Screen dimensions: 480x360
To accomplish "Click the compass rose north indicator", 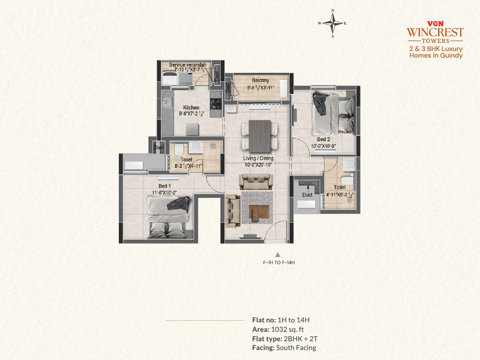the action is pos(333,10).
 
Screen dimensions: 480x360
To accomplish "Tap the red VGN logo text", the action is pos(435,24).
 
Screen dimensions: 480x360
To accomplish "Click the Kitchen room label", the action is pos(191,107).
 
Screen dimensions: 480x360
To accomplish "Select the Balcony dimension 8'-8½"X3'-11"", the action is pos(260,88).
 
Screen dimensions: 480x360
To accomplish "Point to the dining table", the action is pos(260,136).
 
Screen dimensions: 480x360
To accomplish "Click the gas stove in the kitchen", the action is pos(216,104).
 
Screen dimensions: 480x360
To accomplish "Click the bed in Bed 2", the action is pos(333,113).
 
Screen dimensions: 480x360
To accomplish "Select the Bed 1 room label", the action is pos(164,186).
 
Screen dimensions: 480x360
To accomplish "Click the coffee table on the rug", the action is pos(259,213).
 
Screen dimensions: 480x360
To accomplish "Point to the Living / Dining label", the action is pos(258,158).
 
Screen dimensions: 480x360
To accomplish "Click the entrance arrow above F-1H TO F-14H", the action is pos(278,254).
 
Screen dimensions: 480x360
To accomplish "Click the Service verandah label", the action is pos(187,65).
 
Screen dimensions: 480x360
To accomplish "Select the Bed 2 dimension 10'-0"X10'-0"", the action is pos(323,146).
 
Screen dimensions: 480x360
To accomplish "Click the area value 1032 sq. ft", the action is pos(287,329).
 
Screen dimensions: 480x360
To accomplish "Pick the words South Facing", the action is pos(296,348).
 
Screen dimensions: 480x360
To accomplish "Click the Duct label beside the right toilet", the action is pos(307,195).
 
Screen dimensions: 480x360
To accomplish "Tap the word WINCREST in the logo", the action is pos(435,32).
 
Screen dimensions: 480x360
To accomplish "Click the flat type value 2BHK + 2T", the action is pos(301,339).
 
